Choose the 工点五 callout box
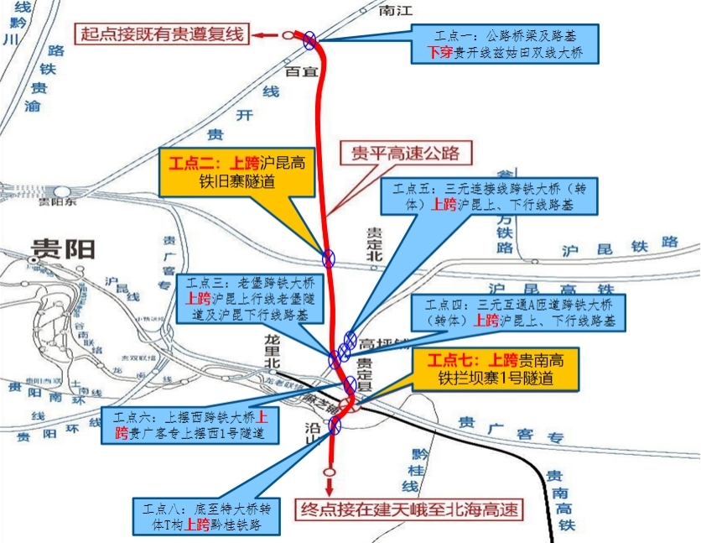[x=495, y=196]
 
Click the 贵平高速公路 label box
[x=406, y=153]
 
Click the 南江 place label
[x=397, y=11]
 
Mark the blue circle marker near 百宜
[x=310, y=38]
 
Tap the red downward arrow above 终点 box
[x=329, y=484]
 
